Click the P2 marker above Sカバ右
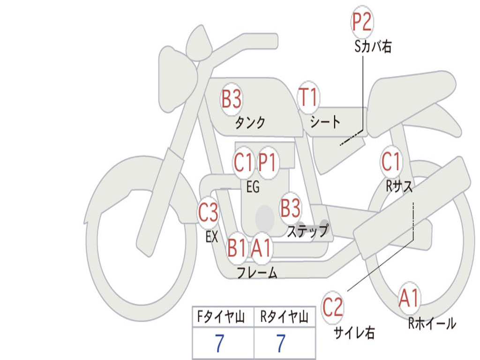pos(362,22)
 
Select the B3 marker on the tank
pos(232,99)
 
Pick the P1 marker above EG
pos(268,163)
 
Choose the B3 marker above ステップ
pos(290,208)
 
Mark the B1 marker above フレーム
pos(237,247)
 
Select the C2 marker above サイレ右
pos(333,307)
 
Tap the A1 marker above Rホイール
pos(409,298)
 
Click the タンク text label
pos(250,123)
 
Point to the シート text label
pos(325,122)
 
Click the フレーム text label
pos(257,272)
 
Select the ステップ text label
pos(307,231)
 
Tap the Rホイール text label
pos(432,323)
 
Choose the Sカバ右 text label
pos(373,46)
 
